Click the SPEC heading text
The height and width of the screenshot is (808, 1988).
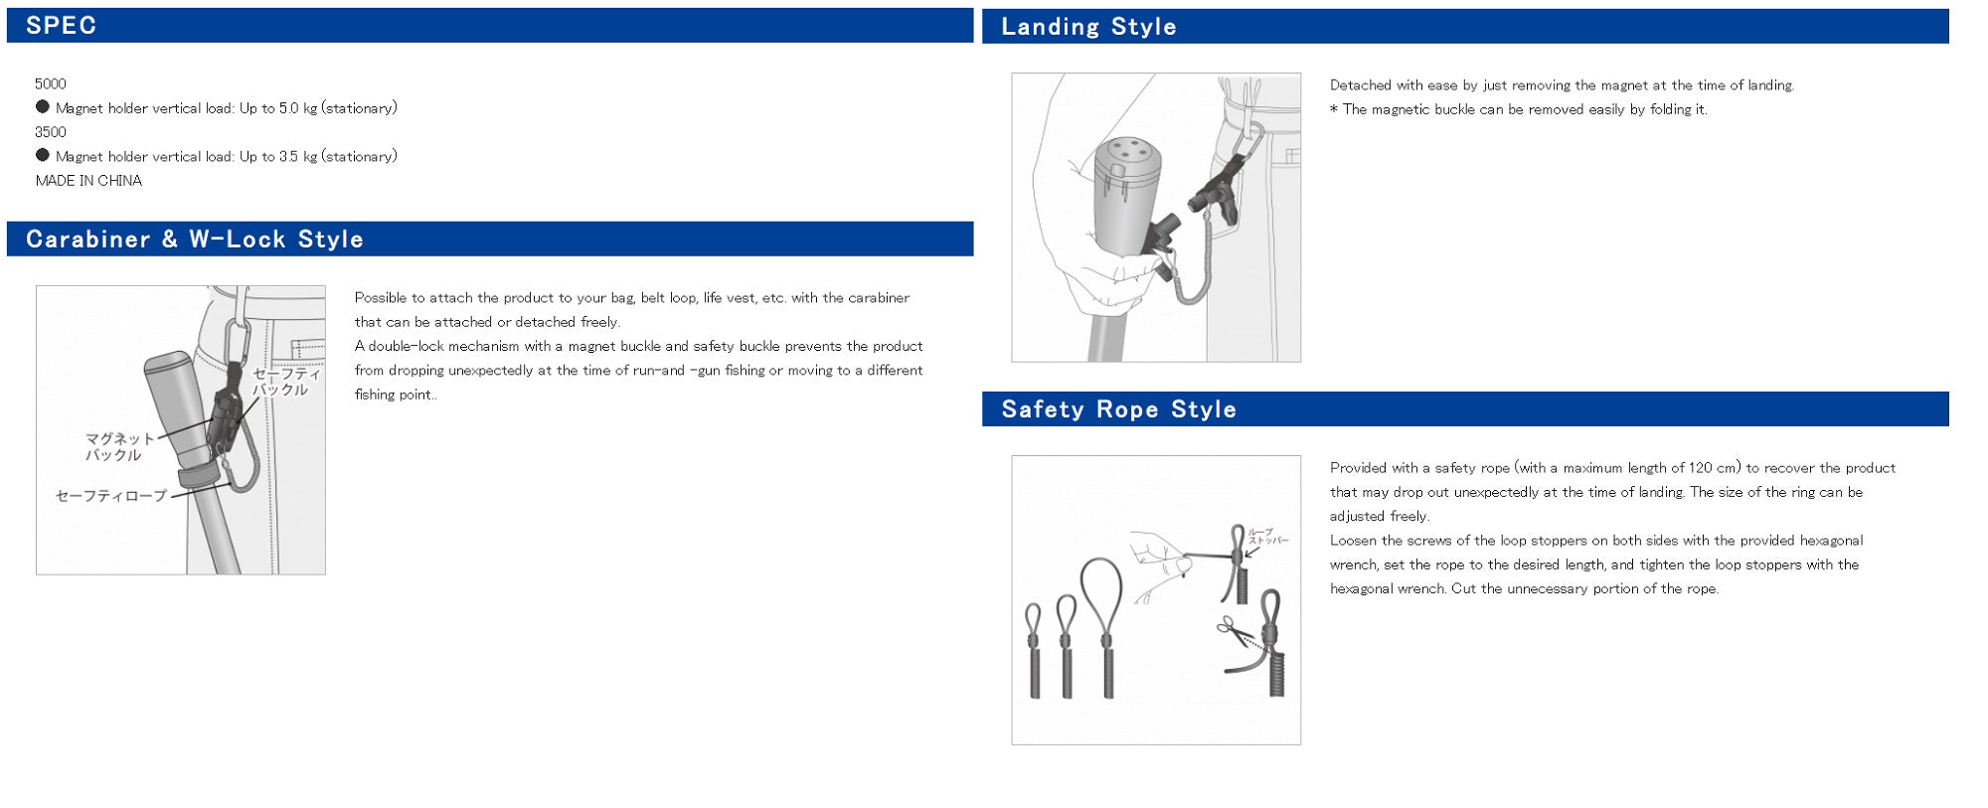[x=61, y=26]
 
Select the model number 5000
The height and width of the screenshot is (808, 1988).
[x=51, y=84]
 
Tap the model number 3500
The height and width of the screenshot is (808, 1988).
[x=51, y=132]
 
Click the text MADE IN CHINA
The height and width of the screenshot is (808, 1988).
[x=88, y=181]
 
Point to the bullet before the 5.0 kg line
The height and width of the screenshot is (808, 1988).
[x=43, y=107]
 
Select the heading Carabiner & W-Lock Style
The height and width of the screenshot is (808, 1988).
[x=195, y=240]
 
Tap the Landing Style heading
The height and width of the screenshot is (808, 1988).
[x=1088, y=27]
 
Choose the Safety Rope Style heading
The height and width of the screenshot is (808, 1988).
[x=1118, y=409]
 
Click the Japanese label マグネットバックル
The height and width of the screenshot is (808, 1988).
[x=118, y=446]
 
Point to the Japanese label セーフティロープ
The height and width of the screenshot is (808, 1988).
[x=111, y=496]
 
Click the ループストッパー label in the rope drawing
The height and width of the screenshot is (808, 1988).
[x=1266, y=537]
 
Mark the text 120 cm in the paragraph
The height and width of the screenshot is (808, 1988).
[x=1714, y=468]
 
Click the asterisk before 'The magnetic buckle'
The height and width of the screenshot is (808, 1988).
[x=1334, y=109]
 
